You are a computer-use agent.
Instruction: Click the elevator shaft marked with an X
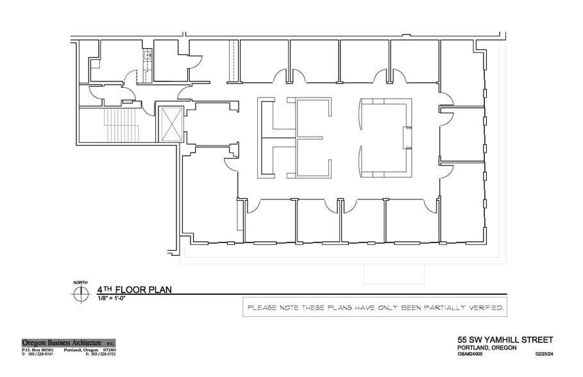click(x=171, y=124)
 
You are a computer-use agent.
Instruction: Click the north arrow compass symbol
click(x=80, y=294)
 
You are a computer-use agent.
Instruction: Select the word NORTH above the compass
click(x=80, y=283)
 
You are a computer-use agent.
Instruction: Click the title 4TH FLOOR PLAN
click(x=134, y=289)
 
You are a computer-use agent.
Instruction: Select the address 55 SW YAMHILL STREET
click(x=505, y=339)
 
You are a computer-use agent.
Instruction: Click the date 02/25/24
click(x=543, y=354)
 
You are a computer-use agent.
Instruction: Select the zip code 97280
click(x=108, y=349)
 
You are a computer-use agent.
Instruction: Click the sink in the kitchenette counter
click(x=148, y=56)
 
